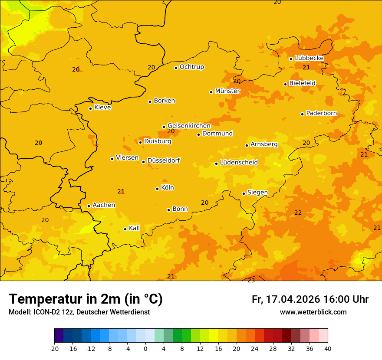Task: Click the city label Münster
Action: point(227,91)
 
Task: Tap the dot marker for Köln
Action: point(157,189)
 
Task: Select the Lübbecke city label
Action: point(309,58)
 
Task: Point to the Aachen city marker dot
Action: point(89,206)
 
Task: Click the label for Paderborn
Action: point(321,113)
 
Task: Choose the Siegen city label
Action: point(257,193)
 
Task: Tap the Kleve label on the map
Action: point(102,108)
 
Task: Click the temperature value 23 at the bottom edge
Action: point(251,280)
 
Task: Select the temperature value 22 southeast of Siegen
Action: point(298,213)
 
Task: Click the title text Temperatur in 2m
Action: point(86,299)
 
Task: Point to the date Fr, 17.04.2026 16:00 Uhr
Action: point(310,299)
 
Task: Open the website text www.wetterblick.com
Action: point(313,312)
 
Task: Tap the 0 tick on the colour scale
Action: point(145,348)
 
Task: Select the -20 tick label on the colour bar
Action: point(54,348)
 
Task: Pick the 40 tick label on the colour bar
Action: point(328,348)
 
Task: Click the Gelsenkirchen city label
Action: point(189,126)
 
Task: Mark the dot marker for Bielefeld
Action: point(285,84)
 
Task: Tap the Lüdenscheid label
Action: point(239,163)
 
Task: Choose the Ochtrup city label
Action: point(191,67)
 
